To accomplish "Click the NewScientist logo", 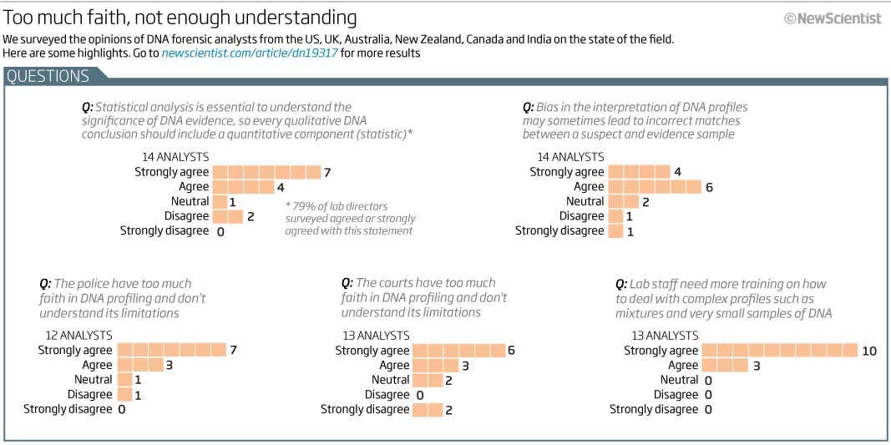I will point(833,18).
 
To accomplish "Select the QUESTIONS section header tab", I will point(48,76).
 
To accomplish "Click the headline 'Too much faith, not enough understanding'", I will point(180,18).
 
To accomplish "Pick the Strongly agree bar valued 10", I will point(779,351).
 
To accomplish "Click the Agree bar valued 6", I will point(654,187).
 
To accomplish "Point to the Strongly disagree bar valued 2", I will point(428,409).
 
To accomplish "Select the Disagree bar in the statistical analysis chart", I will point(227,216).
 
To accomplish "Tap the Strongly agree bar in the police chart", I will point(172,351).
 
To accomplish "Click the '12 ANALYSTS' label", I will point(78,336).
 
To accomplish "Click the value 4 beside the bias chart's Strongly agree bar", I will point(677,172).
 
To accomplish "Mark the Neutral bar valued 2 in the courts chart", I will point(428,380).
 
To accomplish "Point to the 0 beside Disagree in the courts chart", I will point(420,395).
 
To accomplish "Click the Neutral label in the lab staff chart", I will point(679,380).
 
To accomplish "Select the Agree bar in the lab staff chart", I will point(725,366).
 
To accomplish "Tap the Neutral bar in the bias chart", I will point(623,201).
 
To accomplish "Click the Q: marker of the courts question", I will point(347,283).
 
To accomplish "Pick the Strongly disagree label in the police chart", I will point(68,409).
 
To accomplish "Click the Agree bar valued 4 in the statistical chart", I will point(243,187).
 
